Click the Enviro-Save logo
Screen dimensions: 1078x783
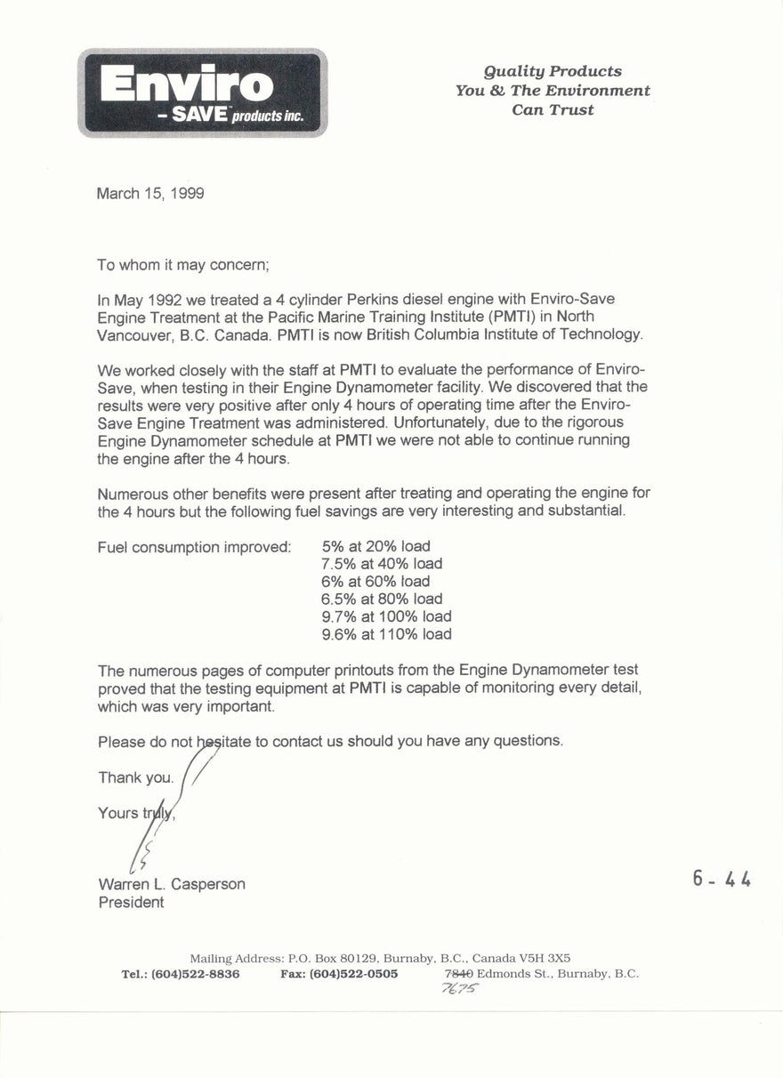tap(203, 93)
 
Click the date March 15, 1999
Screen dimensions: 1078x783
tap(150, 193)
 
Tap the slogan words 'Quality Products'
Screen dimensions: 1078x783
tap(553, 71)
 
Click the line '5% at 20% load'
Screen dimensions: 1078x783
tap(375, 546)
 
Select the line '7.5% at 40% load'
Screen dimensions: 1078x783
tap(382, 564)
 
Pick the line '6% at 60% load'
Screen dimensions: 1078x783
tap(375, 582)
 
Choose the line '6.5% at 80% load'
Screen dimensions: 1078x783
tap(382, 599)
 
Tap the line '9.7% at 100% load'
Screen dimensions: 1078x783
tap(386, 616)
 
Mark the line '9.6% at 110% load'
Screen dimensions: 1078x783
tap(386, 634)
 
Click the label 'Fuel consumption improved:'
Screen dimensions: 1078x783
tap(194, 547)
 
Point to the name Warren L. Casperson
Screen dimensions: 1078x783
tap(171, 884)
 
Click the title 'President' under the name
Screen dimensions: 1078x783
tap(131, 902)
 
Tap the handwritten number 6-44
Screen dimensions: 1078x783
tap(722, 879)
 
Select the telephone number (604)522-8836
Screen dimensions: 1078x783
tap(195, 974)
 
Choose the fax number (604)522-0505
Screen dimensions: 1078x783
tap(353, 974)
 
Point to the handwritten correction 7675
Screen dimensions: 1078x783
tap(460, 989)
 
